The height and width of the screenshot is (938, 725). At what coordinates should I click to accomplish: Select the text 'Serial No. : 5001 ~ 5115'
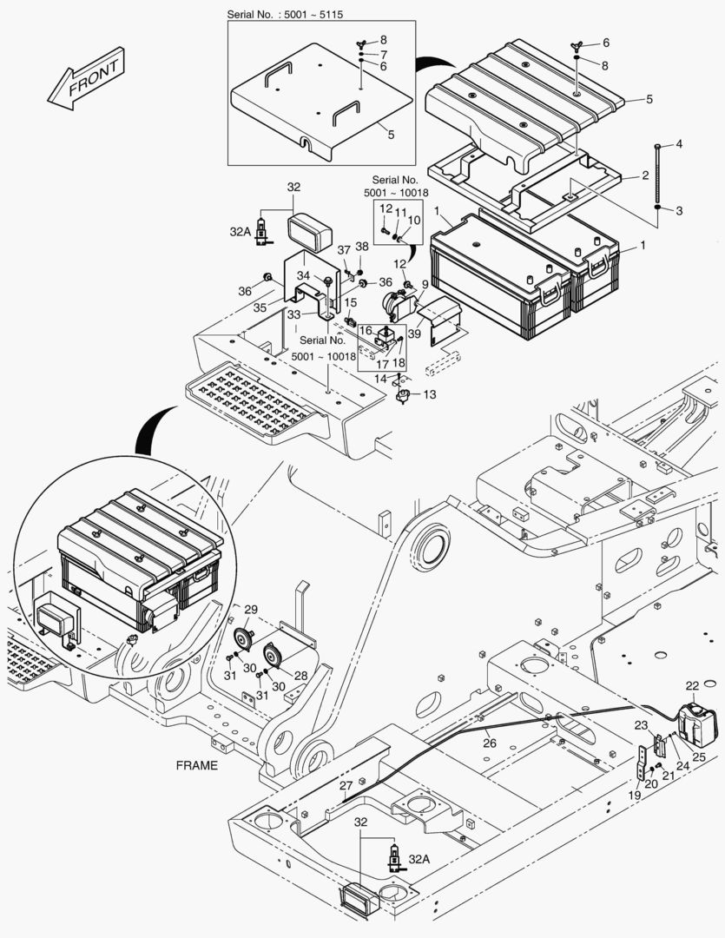(289, 15)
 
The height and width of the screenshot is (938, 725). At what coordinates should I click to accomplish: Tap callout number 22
(692, 686)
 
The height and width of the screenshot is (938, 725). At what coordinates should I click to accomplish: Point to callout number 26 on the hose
(490, 743)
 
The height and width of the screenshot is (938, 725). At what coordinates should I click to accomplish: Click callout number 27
(346, 785)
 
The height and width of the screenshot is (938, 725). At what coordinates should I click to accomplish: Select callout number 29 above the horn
(251, 609)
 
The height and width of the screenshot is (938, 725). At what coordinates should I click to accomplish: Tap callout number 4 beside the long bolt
(679, 143)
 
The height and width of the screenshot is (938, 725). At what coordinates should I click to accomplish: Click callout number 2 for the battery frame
(645, 175)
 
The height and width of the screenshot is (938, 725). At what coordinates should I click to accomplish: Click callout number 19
(635, 795)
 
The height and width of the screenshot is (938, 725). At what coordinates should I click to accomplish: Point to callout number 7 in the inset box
(383, 54)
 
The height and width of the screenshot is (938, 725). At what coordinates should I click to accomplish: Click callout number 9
(425, 283)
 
